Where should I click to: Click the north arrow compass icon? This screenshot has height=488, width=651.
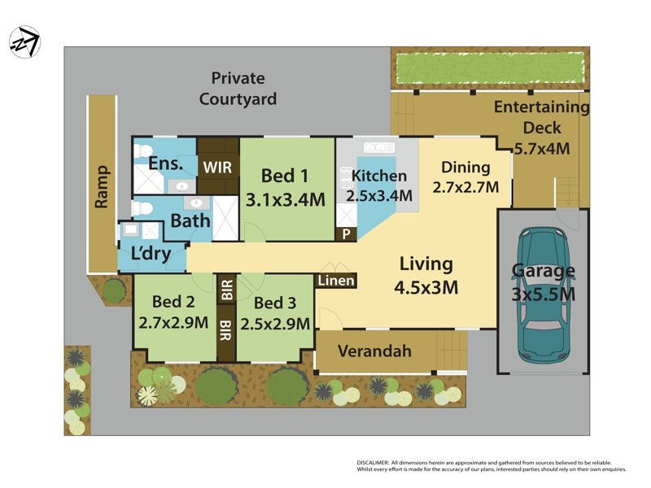(24, 41)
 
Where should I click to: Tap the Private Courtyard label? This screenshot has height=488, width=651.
(238, 89)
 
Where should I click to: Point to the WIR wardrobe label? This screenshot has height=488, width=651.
(218, 167)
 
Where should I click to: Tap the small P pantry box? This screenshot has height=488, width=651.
(346, 234)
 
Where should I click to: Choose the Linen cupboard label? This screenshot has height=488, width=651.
(335, 281)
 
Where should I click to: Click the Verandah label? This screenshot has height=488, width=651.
(374, 352)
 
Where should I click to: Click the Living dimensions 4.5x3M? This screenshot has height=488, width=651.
(426, 287)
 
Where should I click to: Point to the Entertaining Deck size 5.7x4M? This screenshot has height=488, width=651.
(542, 149)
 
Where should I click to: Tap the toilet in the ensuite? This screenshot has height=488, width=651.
(142, 150)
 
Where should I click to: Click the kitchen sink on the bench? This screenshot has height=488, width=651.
(379, 147)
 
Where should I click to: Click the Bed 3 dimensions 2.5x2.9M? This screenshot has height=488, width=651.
(274, 323)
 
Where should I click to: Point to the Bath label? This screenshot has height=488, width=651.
(190, 220)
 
